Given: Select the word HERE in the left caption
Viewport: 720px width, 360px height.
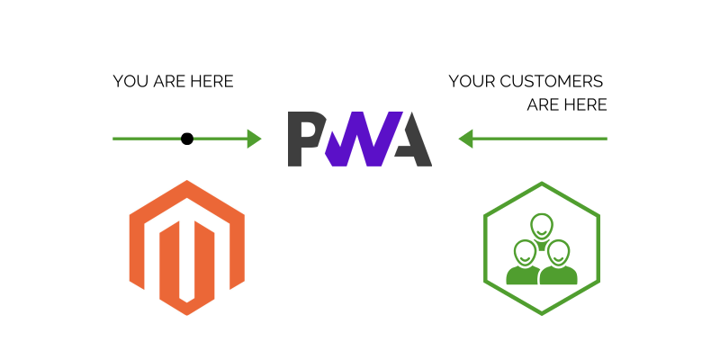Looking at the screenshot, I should tap(212, 82).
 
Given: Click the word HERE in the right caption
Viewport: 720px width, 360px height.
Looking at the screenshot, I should tap(587, 105).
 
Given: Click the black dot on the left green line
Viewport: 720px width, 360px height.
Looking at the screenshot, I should tap(187, 139).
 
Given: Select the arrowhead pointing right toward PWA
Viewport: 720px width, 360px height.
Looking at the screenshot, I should tap(254, 139).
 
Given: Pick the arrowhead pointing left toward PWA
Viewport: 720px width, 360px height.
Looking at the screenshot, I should tap(466, 139).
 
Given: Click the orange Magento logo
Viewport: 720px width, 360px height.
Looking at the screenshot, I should tap(187, 247).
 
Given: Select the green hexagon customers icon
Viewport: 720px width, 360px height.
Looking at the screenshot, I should tap(542, 247).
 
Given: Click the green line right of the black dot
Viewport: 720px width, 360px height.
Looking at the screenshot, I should tap(220, 139).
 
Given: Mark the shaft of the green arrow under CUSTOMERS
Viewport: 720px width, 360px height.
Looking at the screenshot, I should tap(540, 139).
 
